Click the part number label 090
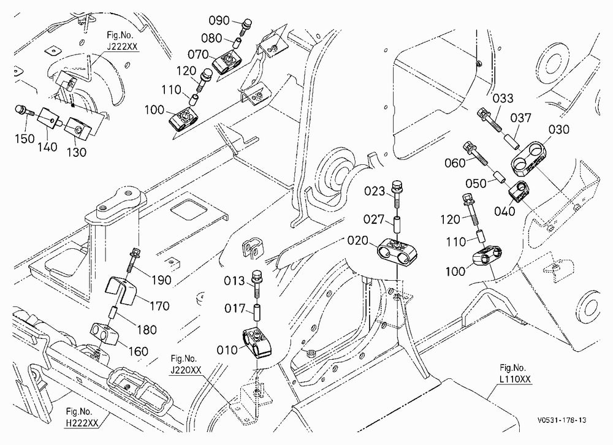(x=219, y=20)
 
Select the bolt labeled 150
(x=22, y=111)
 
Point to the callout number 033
(x=503, y=98)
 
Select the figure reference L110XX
(x=516, y=379)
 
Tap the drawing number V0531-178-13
(x=562, y=420)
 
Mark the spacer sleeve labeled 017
(x=257, y=311)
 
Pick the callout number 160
(x=139, y=351)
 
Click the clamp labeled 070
(x=227, y=64)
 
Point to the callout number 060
(x=455, y=162)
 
